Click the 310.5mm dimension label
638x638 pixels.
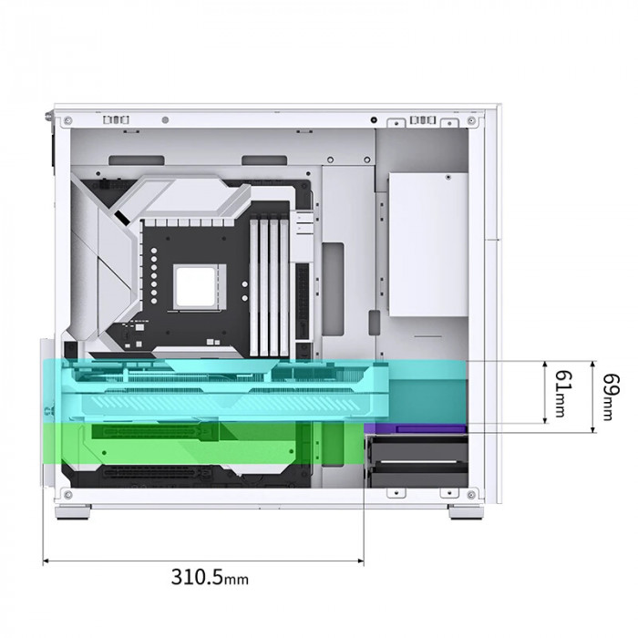(x=209, y=577)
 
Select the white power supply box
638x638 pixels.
(x=427, y=244)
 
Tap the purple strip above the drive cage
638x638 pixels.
(x=416, y=427)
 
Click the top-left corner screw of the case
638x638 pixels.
(x=66, y=119)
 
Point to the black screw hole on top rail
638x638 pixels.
(x=375, y=119)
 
